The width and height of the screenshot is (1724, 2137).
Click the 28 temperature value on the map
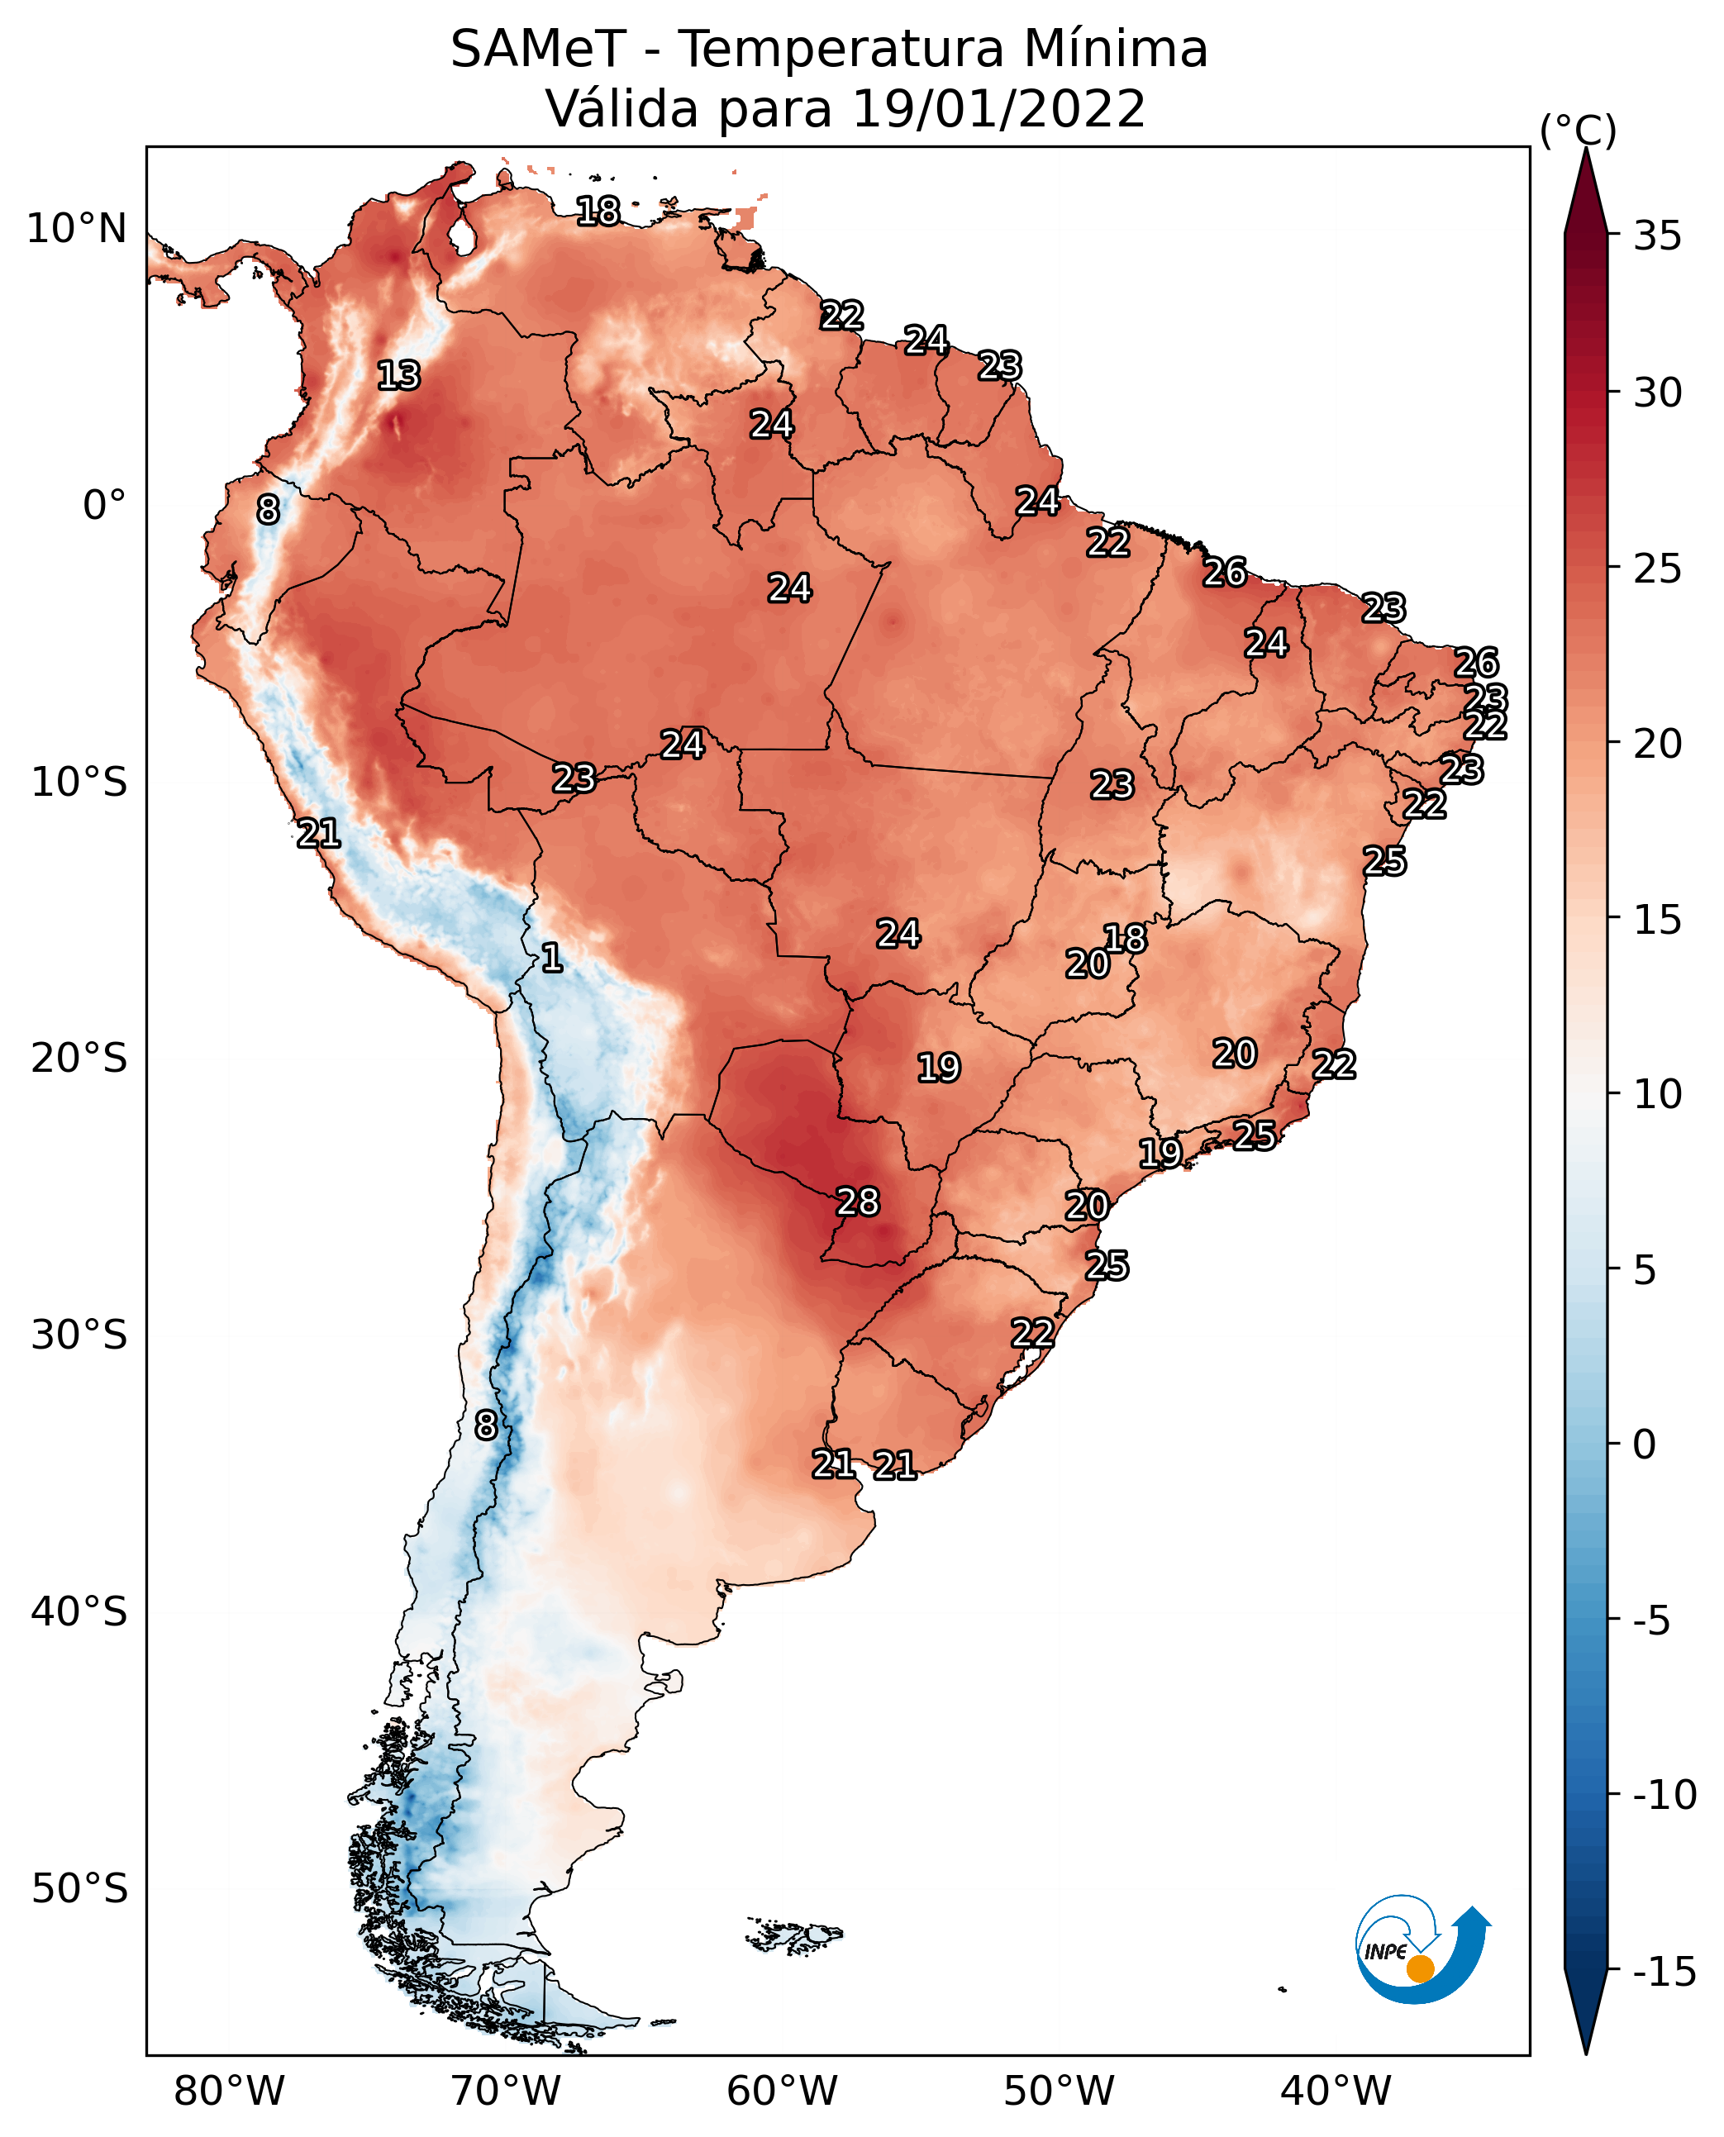click(x=857, y=1202)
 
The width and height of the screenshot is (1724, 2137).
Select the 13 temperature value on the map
click(x=398, y=375)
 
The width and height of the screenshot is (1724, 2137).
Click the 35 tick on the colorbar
click(x=1657, y=236)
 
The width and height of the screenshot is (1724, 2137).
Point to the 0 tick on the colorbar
click(x=1645, y=1444)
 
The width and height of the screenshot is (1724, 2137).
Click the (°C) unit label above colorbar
click(x=1578, y=130)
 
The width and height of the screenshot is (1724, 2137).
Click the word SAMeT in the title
click(x=537, y=49)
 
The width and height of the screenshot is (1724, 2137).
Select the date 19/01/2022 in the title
click(x=998, y=108)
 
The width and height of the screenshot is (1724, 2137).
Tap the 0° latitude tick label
click(x=104, y=504)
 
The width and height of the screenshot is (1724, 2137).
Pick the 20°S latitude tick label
click(x=79, y=1058)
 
